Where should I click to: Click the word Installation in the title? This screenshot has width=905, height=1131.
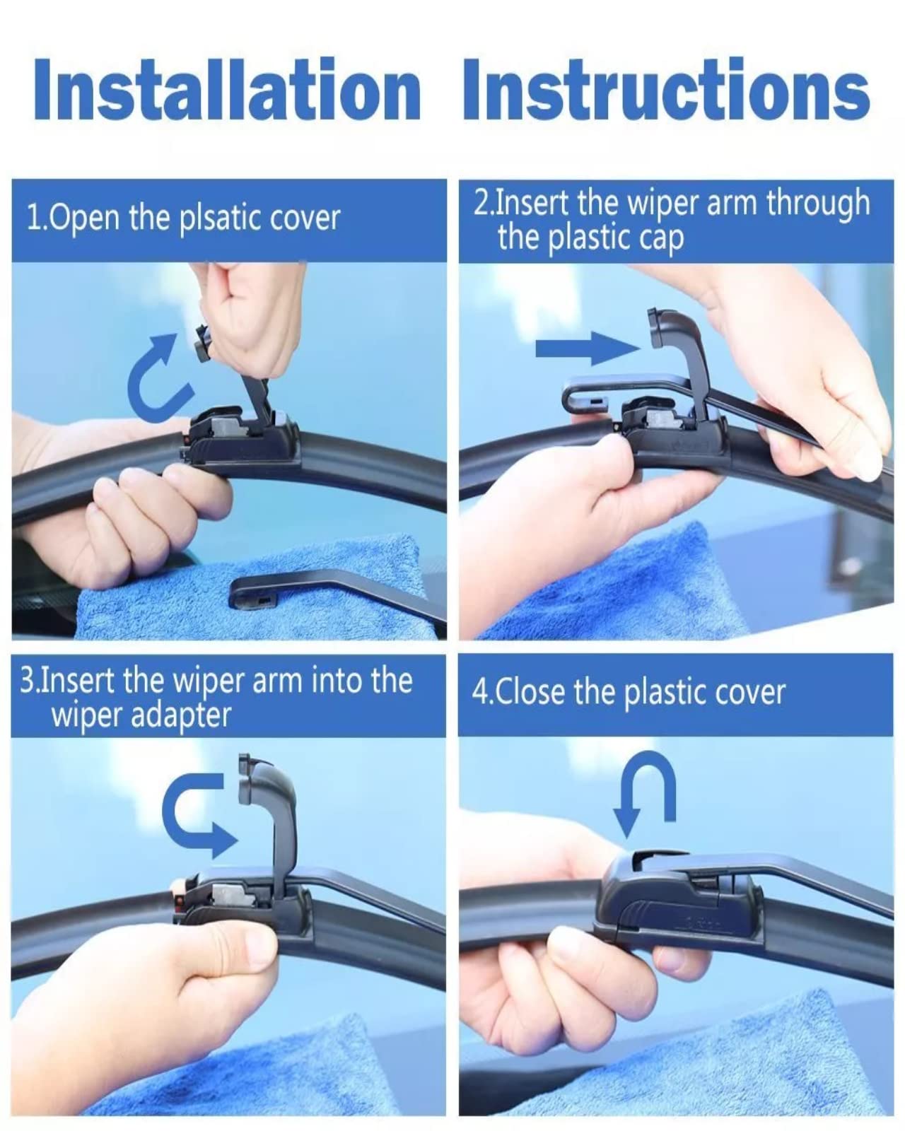[226, 90]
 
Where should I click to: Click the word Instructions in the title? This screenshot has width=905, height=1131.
[666, 90]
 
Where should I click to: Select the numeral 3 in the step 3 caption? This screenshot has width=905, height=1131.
[27, 681]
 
